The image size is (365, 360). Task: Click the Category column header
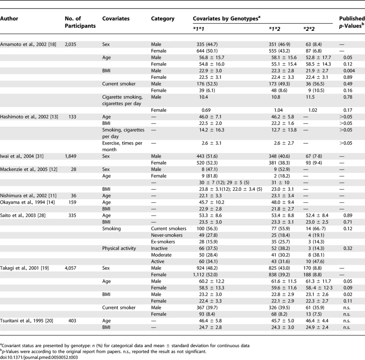(x=162, y=19)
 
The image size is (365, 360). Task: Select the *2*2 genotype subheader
(x=309, y=29)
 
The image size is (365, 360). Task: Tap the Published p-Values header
(x=352, y=22)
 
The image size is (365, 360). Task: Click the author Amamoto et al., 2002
(x=28, y=44)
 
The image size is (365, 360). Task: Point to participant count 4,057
(x=70, y=268)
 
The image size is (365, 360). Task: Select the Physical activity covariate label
(x=119, y=248)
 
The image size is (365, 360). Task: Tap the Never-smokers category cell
(x=166, y=235)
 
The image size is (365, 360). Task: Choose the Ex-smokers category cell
(x=163, y=242)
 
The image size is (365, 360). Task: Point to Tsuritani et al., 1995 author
(x=26, y=321)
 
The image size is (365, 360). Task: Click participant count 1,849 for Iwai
(x=70, y=156)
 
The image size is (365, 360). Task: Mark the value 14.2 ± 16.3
(x=212, y=130)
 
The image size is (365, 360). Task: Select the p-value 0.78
(x=348, y=97)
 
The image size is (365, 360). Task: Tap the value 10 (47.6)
(x=316, y=261)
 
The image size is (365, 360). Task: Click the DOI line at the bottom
(x=39, y=357)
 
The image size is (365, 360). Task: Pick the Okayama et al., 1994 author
(x=27, y=202)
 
